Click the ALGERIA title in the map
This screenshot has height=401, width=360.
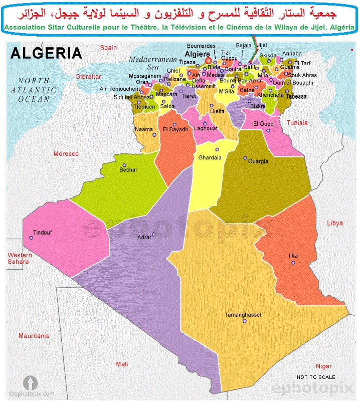click(46, 53)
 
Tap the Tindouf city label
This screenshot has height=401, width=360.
click(42, 233)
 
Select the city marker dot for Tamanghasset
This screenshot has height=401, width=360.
click(244, 321)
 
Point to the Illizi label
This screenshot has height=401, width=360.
click(293, 256)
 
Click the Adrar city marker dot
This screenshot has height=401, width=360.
click(153, 234)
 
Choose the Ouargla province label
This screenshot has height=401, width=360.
click(258, 161)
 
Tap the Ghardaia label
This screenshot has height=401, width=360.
click(210, 157)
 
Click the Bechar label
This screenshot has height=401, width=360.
click(128, 170)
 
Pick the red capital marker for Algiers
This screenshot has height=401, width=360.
click(208, 61)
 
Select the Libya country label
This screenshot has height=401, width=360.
click(335, 223)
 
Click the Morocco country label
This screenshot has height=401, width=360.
click(66, 154)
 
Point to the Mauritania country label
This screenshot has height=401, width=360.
click(34, 335)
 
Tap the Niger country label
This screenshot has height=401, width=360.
click(324, 366)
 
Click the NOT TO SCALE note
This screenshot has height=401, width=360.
click(316, 377)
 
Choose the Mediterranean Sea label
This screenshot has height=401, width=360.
click(146, 63)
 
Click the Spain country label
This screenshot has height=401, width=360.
click(108, 48)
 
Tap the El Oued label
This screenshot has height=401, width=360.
click(263, 124)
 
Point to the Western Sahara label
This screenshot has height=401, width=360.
click(20, 259)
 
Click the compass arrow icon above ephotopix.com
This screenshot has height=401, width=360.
click(31, 383)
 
